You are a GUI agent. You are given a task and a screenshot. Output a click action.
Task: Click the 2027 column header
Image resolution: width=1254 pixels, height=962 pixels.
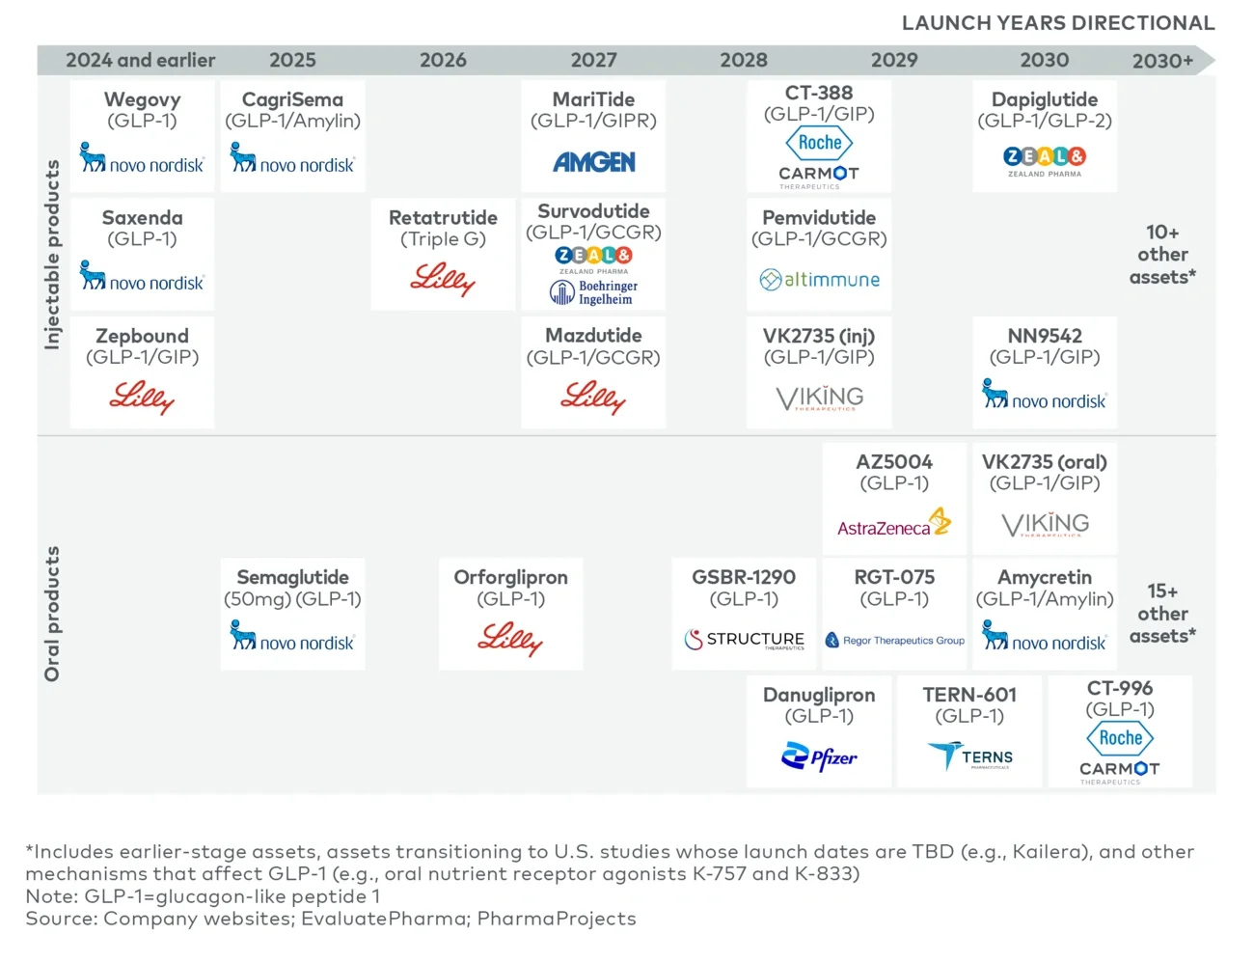[x=593, y=60]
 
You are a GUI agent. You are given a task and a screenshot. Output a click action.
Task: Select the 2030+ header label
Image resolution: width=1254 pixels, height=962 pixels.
[x=1162, y=61]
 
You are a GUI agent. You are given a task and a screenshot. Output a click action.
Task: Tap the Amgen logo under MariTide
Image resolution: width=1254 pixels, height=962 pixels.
[x=594, y=162]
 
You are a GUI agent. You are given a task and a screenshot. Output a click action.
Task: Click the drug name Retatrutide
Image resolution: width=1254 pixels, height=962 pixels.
[x=443, y=218]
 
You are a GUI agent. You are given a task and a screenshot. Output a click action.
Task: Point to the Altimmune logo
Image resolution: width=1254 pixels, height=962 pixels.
[x=819, y=280]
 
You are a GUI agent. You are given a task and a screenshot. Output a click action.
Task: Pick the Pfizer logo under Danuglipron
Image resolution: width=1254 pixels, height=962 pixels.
[x=819, y=757]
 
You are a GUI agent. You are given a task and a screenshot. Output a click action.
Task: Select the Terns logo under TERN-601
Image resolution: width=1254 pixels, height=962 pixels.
[x=970, y=756]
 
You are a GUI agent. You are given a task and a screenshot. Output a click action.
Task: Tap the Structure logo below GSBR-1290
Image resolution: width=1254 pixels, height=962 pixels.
[x=744, y=640]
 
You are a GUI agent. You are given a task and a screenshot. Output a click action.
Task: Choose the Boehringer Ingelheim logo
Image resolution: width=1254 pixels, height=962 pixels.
[x=593, y=292]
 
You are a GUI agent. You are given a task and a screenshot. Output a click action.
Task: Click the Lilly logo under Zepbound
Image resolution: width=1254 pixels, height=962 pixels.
[x=142, y=397]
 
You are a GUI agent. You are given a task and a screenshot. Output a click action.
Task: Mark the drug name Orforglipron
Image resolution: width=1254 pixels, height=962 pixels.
[x=510, y=577]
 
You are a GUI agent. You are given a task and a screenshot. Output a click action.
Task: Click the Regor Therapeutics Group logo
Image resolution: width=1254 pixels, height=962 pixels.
[x=894, y=640]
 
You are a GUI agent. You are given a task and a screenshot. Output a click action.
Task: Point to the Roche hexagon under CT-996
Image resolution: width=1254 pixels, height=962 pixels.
[x=1120, y=738]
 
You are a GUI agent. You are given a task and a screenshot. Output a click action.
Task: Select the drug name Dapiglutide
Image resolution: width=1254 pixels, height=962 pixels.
[x=1045, y=99]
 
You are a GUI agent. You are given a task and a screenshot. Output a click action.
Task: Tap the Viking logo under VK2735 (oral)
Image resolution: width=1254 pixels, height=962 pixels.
[x=1045, y=525]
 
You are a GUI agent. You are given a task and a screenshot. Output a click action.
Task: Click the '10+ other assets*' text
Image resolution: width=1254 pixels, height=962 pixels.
[x=1162, y=255]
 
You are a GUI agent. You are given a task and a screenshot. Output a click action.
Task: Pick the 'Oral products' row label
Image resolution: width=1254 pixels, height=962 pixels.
[x=52, y=614]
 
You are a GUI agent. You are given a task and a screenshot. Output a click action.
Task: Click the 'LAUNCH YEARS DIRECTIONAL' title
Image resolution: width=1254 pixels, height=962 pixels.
[x=1057, y=23]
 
